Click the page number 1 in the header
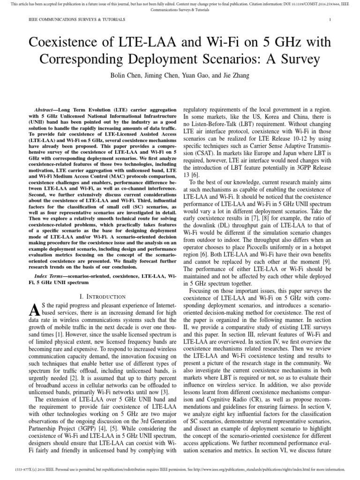[x=330, y=20]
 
